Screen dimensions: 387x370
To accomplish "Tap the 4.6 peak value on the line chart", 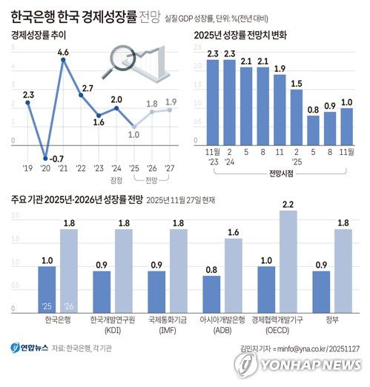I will (x=63, y=52).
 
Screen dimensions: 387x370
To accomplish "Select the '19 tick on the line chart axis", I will (x=28, y=168).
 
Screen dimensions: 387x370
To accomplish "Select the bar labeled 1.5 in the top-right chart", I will (x=297, y=117).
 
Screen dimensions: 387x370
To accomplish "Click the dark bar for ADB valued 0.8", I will (x=211, y=291).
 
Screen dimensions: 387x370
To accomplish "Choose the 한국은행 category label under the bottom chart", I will (x=47, y=320).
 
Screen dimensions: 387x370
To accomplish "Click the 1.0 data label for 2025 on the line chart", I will (x=134, y=135).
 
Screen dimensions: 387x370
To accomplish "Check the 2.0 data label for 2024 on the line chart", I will (x=116, y=99).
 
